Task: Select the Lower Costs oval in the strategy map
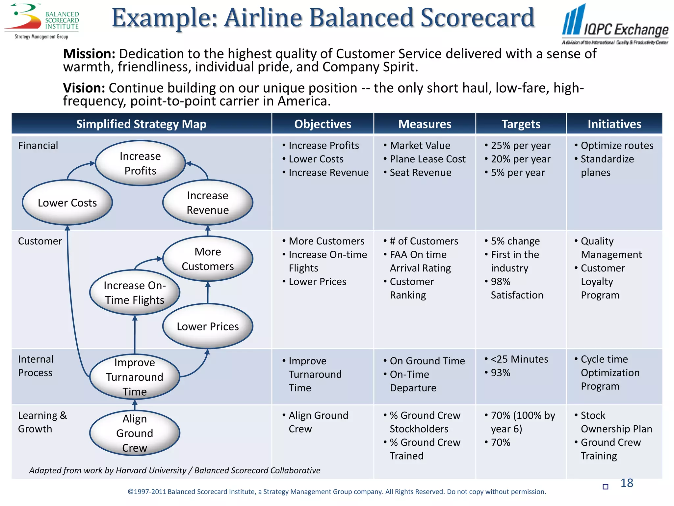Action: coord(67,203)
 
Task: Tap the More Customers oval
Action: coord(208,259)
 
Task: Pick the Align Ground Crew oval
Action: coord(135,433)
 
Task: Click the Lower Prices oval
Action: coord(208,326)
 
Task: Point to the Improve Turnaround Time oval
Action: coord(135,377)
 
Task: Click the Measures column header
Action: coord(425,124)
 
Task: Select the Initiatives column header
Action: coord(614,124)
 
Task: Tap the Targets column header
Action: coord(521,124)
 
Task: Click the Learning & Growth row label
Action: coord(42,422)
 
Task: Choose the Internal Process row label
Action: coord(36,366)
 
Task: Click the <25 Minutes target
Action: coord(519,359)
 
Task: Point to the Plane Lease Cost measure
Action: coord(428,159)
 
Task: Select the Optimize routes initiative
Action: coord(617,146)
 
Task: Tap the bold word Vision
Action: coord(84,88)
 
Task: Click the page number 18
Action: coord(627,483)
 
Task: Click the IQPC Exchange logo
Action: coord(615,25)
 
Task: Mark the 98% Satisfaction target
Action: coord(516,288)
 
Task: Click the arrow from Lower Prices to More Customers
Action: coord(208,293)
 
